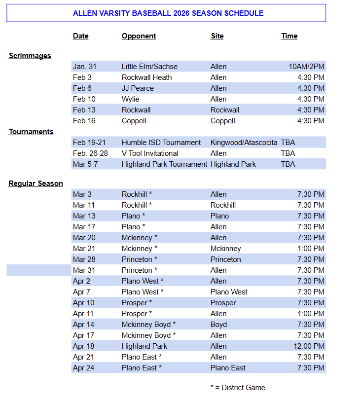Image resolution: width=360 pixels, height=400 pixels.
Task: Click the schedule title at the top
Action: coord(168,13)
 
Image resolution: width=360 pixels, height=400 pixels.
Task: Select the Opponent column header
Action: coord(139,36)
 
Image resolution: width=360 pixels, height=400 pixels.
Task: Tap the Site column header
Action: coord(217,36)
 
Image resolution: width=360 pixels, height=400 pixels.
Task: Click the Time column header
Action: coord(289,36)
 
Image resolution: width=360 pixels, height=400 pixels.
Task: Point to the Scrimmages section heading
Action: coord(30,56)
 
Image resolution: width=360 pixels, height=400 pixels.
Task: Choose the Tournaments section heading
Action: coord(31,132)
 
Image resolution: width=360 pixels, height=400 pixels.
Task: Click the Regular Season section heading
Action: coord(36,183)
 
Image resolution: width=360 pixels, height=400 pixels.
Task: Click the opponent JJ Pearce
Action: coord(138,88)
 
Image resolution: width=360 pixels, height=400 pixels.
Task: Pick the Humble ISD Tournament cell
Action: coord(161,143)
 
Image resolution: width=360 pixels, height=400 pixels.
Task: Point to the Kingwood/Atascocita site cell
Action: coord(244,143)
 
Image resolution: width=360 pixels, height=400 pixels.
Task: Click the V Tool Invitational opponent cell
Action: coord(150,153)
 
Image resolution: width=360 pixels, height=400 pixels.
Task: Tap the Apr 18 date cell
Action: coord(83,346)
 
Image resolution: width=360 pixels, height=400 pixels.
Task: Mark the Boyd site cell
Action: coord(218,325)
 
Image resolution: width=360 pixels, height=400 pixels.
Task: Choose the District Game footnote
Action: coord(238,388)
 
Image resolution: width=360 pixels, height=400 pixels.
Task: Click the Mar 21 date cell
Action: coord(84,249)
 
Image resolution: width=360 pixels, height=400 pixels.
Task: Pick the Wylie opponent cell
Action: coord(131,99)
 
